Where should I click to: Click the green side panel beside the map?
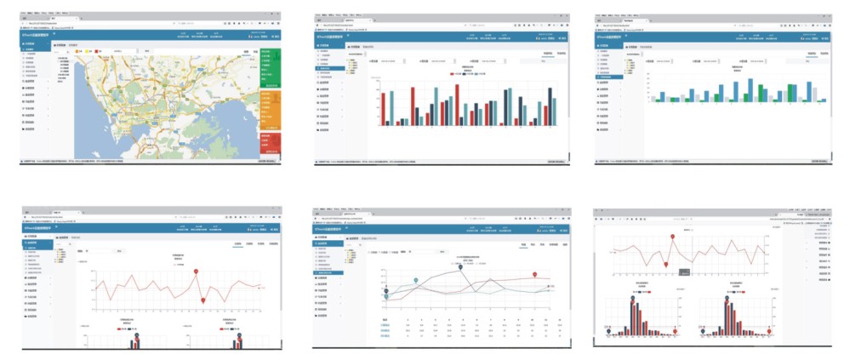tap(270, 68)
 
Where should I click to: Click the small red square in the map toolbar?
tap(99, 52)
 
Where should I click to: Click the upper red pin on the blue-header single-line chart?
tap(197, 271)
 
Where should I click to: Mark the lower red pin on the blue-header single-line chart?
tap(203, 300)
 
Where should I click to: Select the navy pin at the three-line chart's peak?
tap(460, 267)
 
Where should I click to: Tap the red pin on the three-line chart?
tap(534, 275)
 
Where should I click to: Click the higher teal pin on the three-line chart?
tap(415, 280)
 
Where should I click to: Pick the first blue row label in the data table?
tap(385, 324)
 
